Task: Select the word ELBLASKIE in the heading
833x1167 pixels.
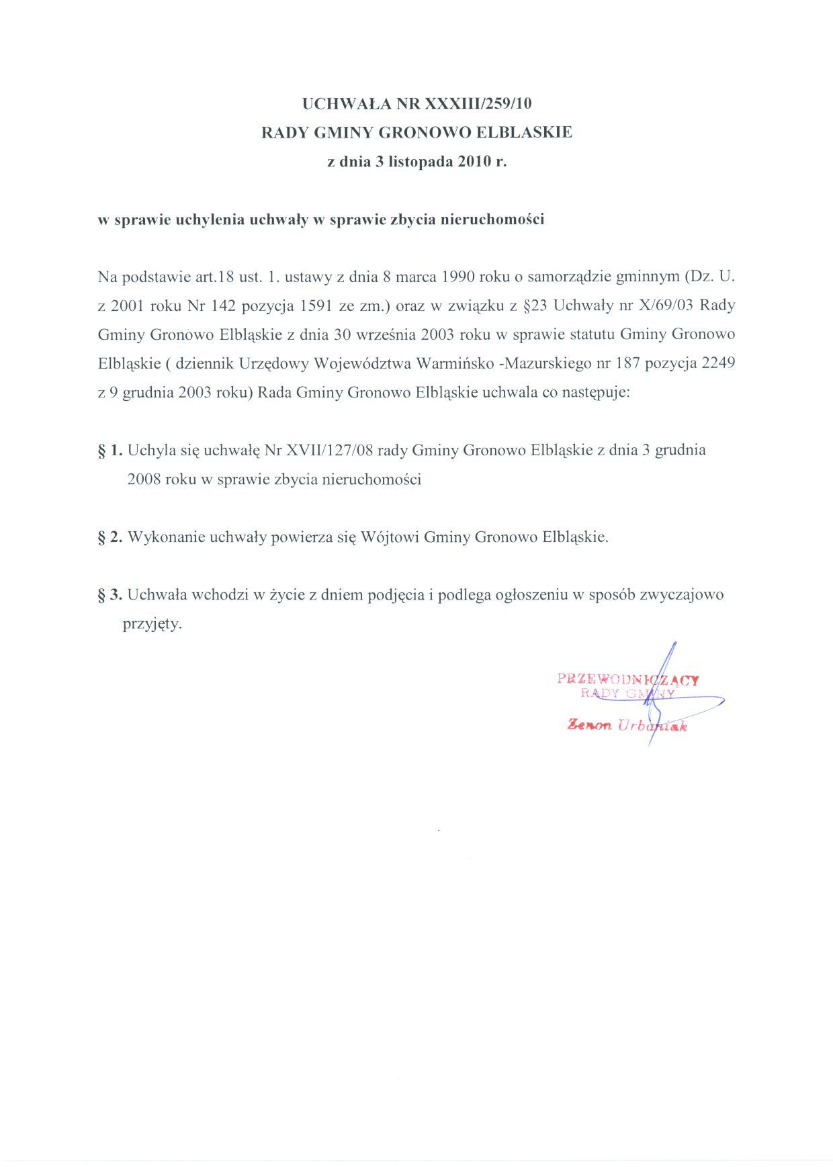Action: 524,132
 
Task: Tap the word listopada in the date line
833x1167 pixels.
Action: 421,162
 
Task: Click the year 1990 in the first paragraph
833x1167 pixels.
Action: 458,277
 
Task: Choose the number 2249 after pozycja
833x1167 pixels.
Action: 718,363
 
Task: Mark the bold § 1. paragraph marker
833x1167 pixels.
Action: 110,451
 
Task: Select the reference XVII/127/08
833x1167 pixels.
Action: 329,451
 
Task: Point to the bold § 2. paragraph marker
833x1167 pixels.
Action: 110,537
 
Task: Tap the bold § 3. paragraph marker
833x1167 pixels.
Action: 110,595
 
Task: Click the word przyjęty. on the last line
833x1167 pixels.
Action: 152,624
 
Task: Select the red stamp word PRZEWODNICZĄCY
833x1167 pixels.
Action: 628,680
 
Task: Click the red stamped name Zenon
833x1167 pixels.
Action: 589,725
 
